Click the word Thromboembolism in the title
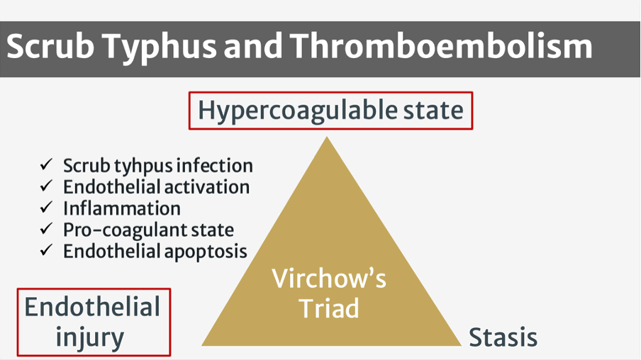(441, 45)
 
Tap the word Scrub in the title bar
(50, 45)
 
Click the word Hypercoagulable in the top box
(297, 111)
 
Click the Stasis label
(503, 337)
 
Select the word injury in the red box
(89, 338)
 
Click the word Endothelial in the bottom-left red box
(92, 308)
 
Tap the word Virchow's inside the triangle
(329, 279)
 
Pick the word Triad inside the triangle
(329, 308)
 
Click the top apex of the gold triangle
(327, 137)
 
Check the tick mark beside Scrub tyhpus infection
(46, 164)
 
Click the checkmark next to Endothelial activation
(46, 186)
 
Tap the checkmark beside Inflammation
(46, 207)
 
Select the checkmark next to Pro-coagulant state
(46, 228)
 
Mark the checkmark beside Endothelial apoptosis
(46, 249)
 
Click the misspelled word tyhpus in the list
(143, 167)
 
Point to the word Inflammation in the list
(122, 208)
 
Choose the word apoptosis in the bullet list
(206, 252)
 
